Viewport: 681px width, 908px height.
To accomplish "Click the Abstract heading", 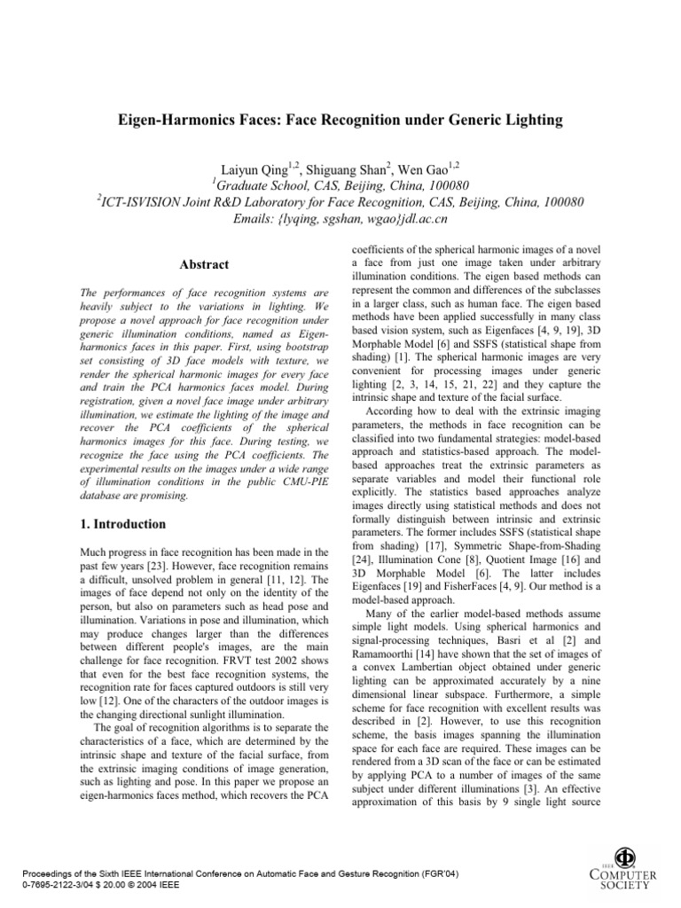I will click(205, 264).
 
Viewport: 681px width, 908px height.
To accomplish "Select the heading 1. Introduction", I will click(123, 524).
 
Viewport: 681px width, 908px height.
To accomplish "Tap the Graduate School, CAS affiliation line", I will click(340, 184).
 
